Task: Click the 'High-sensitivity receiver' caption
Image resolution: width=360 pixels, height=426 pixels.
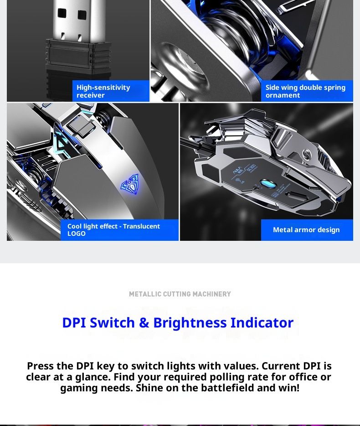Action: [111, 91]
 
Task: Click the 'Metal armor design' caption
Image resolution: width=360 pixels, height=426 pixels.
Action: [307, 230]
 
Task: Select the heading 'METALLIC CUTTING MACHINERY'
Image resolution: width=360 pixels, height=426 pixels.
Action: [180, 294]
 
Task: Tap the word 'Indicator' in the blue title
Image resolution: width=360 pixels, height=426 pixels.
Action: [262, 322]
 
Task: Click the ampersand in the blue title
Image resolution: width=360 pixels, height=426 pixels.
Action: [144, 322]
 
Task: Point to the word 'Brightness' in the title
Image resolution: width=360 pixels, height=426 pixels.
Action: [190, 322]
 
